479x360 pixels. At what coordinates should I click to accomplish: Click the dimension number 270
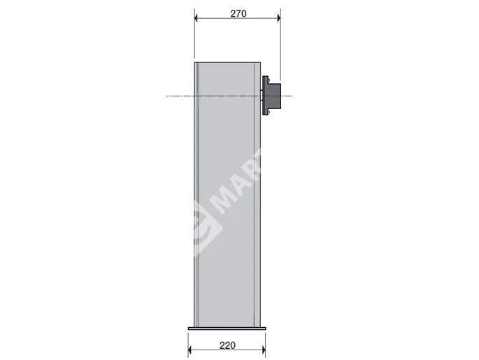click(237, 13)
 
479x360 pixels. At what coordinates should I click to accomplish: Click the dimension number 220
click(227, 344)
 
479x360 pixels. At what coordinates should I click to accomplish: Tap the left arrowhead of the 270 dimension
click(196, 20)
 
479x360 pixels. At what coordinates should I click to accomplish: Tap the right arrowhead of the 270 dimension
click(278, 20)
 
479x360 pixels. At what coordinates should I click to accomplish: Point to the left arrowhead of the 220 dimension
click(191, 352)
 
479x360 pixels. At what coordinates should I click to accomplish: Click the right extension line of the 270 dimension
click(280, 42)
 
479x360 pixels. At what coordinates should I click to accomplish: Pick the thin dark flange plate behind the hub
click(265, 95)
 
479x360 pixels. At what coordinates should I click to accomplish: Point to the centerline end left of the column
click(168, 95)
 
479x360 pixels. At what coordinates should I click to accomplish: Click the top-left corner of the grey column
click(194, 62)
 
